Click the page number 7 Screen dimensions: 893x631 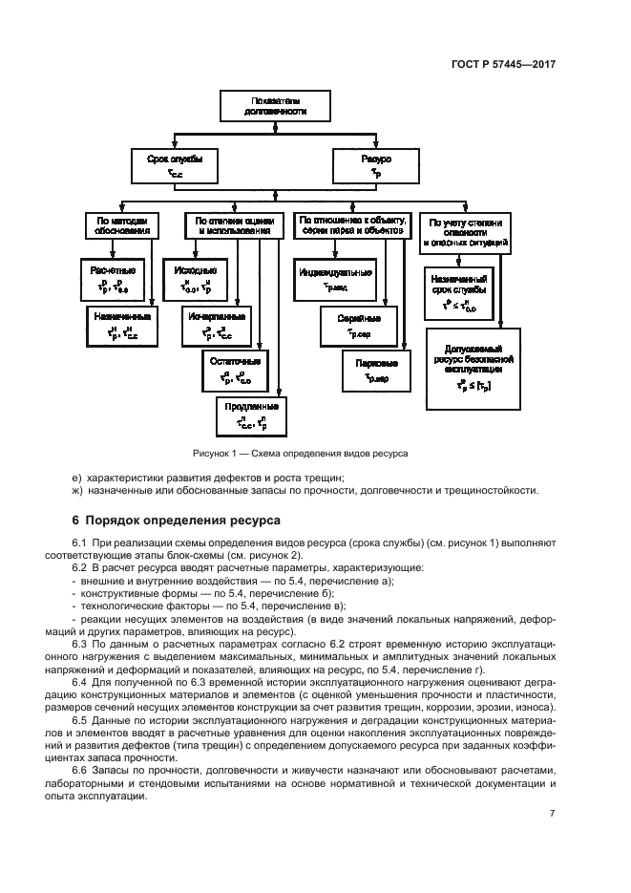[552, 814]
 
